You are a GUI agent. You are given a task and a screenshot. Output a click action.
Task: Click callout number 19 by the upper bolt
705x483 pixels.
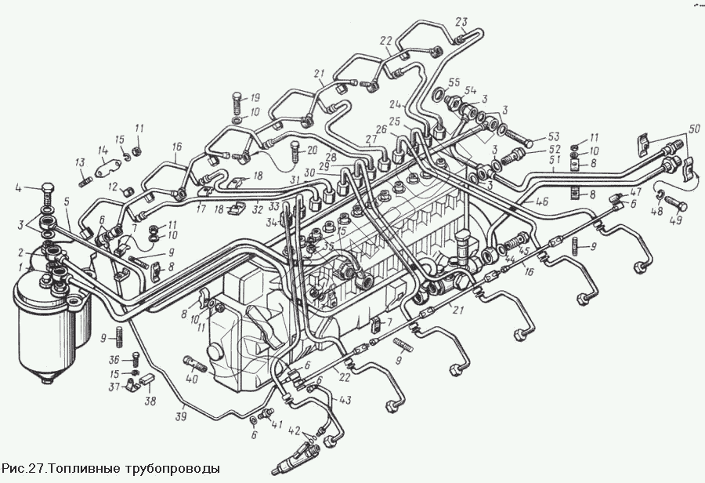tap(254, 98)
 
